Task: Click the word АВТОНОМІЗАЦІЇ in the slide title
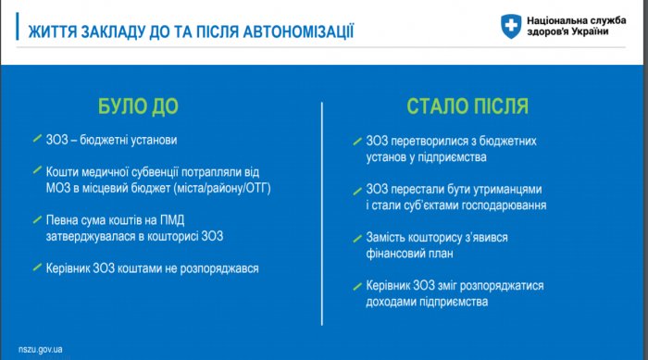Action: click(x=298, y=31)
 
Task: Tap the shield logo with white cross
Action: click(x=511, y=26)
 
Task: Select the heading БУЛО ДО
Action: click(x=138, y=106)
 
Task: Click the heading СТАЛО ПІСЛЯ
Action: click(x=467, y=106)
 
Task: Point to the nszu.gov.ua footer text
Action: click(x=41, y=349)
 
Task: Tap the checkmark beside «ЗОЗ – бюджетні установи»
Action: click(x=37, y=139)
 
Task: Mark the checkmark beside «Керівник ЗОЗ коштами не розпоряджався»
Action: click(x=37, y=267)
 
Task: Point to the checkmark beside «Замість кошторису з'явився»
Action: click(x=357, y=239)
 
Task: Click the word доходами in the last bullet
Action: click(x=391, y=302)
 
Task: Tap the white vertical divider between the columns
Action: click(x=322, y=214)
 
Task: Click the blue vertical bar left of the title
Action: click(x=18, y=27)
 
